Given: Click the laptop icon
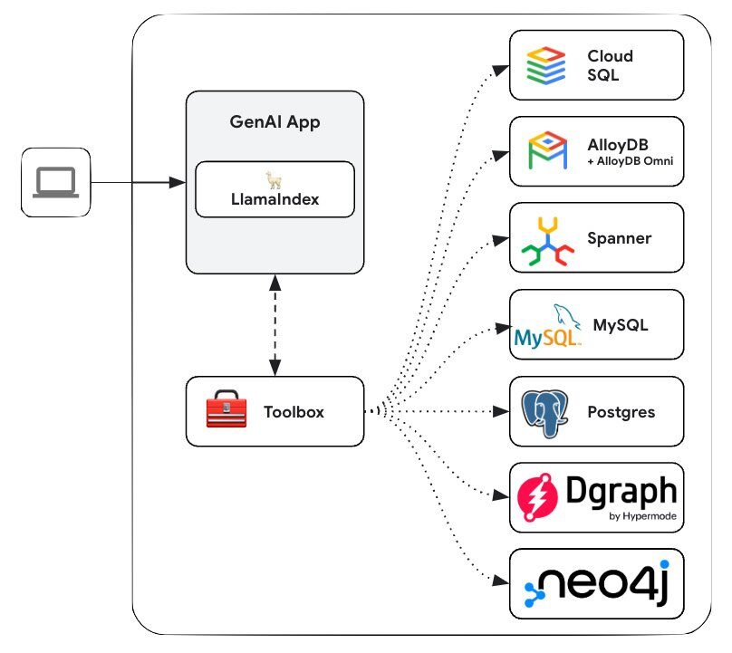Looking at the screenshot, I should [56, 184].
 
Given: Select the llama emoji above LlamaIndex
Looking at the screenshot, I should [274, 179].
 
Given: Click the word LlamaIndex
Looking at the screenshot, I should [274, 199].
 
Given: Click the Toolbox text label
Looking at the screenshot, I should [294, 412].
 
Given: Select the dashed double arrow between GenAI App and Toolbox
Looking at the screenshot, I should [274, 325].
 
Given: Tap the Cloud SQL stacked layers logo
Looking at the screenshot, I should [546, 65].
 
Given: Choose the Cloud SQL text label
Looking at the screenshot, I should [611, 65].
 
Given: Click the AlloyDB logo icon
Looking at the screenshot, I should [546, 150].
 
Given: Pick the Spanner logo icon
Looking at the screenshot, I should [546, 239].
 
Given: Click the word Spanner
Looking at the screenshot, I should [620, 239].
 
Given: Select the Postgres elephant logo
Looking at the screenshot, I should [546, 412].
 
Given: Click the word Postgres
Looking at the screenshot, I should [621, 412].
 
